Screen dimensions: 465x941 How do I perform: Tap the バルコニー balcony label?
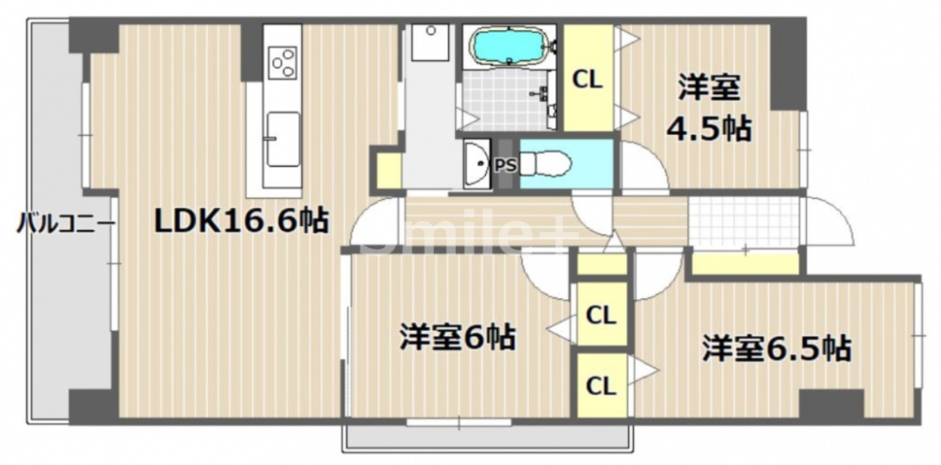click(x=66, y=224)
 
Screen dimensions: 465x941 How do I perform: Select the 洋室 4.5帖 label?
click(x=707, y=109)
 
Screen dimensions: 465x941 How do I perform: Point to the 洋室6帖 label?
click(x=457, y=337)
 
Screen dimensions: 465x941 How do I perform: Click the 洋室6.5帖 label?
click(x=777, y=348)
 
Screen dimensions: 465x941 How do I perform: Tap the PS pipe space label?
click(x=506, y=165)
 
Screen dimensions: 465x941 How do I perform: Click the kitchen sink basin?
click(x=283, y=139)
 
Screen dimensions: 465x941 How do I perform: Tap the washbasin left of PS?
click(x=476, y=163)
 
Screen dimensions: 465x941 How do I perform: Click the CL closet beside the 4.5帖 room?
click(x=588, y=79)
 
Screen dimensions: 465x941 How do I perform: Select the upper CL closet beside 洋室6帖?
click(x=600, y=315)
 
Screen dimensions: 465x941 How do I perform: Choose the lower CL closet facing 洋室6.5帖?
click(x=600, y=385)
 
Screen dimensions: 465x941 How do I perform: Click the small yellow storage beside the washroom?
click(x=389, y=170)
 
